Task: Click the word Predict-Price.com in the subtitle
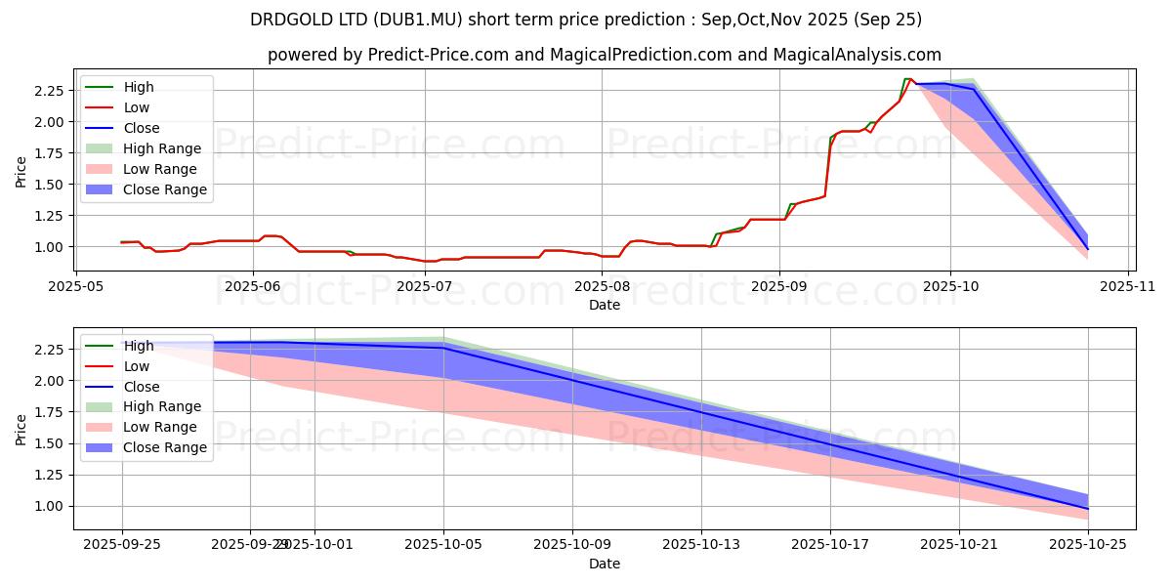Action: pos(438,56)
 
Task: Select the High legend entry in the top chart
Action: pos(139,87)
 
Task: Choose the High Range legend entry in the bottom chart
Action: pos(162,406)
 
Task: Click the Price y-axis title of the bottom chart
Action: pos(21,428)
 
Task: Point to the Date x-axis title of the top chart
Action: pos(604,305)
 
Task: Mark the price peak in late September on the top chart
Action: pos(907,79)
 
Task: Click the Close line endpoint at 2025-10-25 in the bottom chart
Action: pos(1088,509)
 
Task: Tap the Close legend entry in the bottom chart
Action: pos(141,386)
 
